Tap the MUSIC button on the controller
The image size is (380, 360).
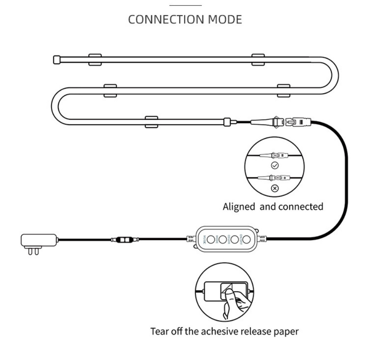pos(211,239)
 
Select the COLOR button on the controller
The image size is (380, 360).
pos(235,239)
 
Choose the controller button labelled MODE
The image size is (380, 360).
pos(223,239)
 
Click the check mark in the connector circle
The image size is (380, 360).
pos(274,165)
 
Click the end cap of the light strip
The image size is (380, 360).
pos(56,60)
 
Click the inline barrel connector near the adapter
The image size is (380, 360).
pos(124,239)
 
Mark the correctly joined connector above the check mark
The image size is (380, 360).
pos(274,156)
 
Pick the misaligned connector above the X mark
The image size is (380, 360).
pos(274,179)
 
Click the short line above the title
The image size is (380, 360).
pos(186,5)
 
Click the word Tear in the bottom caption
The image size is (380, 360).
pos(159,331)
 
